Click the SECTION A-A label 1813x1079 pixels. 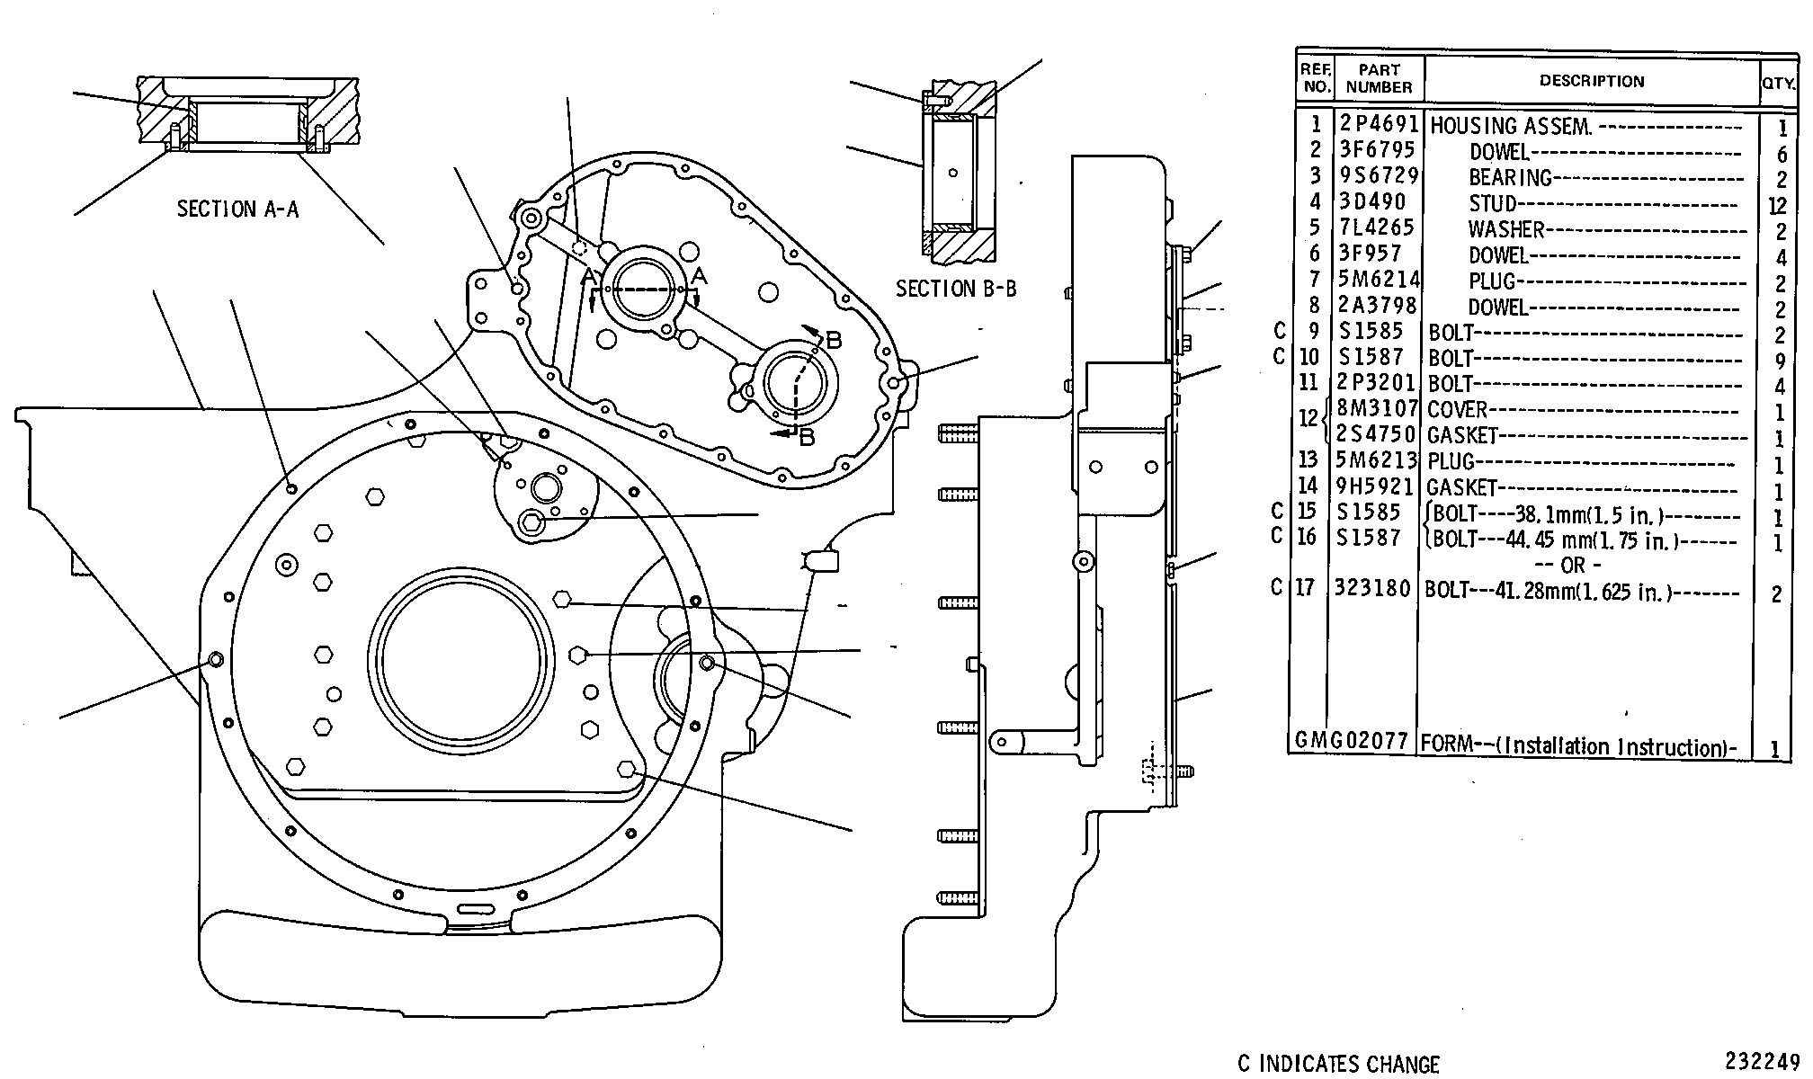[237, 210]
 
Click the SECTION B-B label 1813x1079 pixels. [956, 289]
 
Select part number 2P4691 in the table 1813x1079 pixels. [1378, 124]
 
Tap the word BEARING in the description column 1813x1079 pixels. [1510, 177]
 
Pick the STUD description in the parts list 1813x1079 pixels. [1493, 203]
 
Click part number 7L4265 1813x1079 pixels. [1377, 227]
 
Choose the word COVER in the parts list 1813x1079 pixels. [1458, 410]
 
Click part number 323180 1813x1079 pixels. [1373, 588]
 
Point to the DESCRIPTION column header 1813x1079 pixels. [1592, 81]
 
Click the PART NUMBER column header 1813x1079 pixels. [1380, 78]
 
